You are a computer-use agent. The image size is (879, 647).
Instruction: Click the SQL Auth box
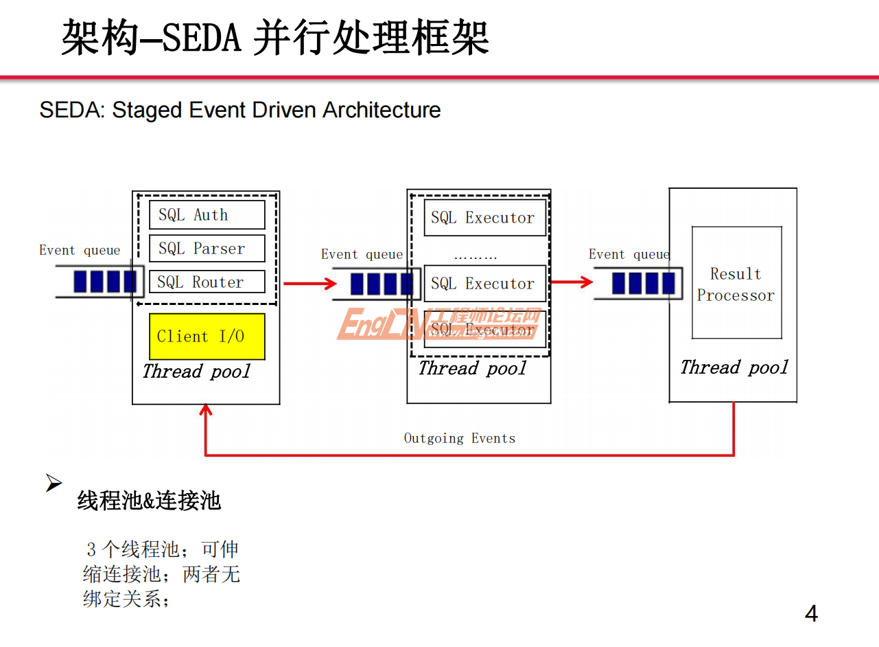(x=207, y=215)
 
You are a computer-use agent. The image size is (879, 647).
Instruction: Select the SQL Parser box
(x=207, y=249)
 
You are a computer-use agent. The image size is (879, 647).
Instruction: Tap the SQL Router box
(x=207, y=282)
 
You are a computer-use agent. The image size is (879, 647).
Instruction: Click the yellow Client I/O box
(x=207, y=337)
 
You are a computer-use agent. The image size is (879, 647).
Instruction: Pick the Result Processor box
(x=736, y=283)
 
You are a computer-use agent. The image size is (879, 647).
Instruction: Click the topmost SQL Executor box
(x=484, y=218)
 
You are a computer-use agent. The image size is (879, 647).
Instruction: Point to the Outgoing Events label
(x=459, y=438)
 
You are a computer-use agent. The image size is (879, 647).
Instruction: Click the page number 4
(x=811, y=613)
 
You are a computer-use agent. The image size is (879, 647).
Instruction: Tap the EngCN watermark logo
(x=438, y=324)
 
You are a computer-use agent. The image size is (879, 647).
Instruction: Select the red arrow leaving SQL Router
(x=309, y=283)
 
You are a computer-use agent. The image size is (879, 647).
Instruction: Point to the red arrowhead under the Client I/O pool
(x=205, y=410)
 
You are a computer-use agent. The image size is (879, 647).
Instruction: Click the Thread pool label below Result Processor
(x=734, y=367)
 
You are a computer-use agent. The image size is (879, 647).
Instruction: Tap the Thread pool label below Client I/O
(x=196, y=372)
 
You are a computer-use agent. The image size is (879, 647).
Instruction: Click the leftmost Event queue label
(x=80, y=251)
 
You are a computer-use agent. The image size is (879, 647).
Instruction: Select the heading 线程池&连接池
(x=149, y=501)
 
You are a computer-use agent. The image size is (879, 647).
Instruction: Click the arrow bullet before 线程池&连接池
(x=54, y=484)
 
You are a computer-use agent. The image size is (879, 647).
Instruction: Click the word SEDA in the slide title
(x=202, y=37)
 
